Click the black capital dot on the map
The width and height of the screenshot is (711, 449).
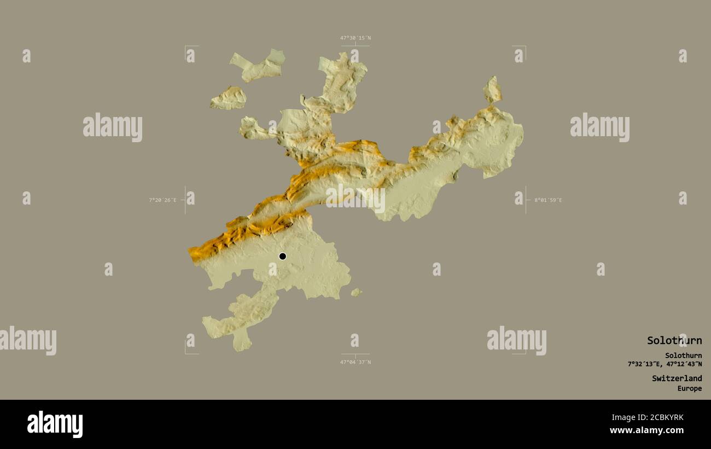[282, 256]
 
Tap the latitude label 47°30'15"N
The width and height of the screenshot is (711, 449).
[355, 38]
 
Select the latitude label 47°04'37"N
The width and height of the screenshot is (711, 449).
[355, 362]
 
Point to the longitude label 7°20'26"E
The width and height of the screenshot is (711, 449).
[162, 200]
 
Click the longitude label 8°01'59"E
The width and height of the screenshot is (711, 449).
[548, 200]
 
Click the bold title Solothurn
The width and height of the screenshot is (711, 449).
[674, 340]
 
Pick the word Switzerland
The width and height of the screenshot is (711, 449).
[677, 378]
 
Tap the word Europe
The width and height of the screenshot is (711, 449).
[689, 389]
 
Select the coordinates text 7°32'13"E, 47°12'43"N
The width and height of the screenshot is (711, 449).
[665, 364]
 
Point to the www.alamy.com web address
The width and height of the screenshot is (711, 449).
[646, 430]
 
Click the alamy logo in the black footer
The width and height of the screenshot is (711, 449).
[55, 424]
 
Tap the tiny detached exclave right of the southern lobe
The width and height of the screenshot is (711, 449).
[356, 293]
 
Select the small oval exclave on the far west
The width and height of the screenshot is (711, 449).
[229, 98]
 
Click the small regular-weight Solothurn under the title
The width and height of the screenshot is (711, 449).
[683, 355]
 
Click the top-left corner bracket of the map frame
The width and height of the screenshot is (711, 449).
[186, 47]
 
